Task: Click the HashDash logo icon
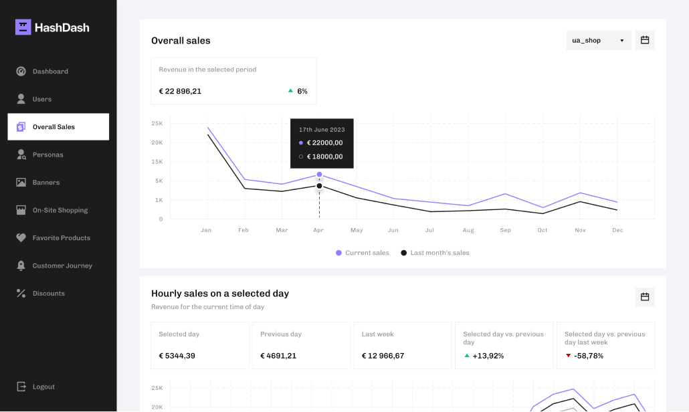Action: point(23,27)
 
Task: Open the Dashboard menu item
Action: point(50,72)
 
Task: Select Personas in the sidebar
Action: point(47,154)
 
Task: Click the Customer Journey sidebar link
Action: point(62,266)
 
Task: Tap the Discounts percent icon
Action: point(21,293)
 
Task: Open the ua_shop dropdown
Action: point(598,40)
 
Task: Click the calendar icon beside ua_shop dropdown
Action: point(645,40)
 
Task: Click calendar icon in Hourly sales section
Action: point(645,297)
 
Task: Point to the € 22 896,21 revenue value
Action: point(180,91)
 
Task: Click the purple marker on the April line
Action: point(319,175)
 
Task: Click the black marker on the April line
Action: point(319,186)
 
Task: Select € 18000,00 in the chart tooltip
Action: point(324,157)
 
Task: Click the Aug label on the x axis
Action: point(468,230)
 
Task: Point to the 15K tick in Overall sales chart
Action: point(157,162)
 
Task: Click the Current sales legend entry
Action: point(363,253)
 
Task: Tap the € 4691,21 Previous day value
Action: point(278,356)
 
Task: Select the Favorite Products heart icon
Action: point(21,237)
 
